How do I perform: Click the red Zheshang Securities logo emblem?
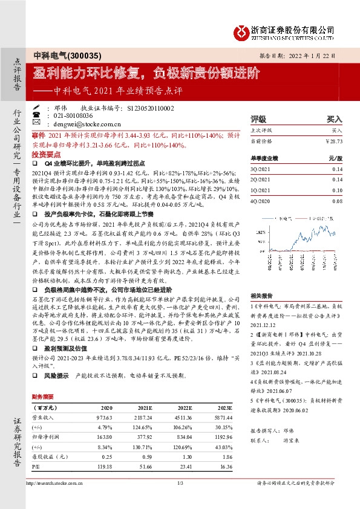pyautogui.click(x=242, y=31)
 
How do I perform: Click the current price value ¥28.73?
pyautogui.click(x=333, y=141)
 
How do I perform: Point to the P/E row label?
pyautogui.click(x=36, y=466)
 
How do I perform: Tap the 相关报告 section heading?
pyautogui.click(x=261, y=296)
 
